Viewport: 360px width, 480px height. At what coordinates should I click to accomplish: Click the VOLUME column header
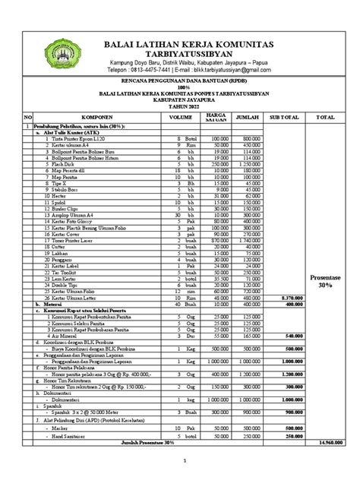pyautogui.click(x=181, y=118)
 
